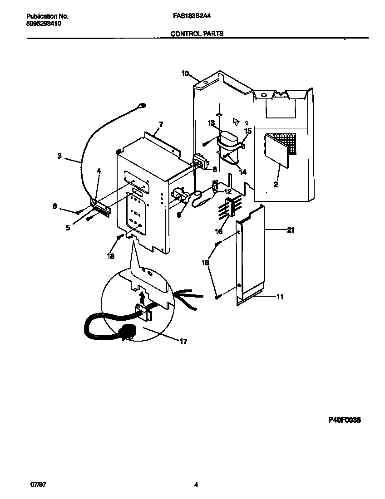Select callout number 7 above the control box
point(161,124)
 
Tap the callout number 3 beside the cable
point(59,157)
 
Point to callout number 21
point(291,230)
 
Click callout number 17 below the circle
point(183,342)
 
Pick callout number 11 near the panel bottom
point(280,297)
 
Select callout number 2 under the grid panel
point(276,185)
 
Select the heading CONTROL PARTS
point(197,34)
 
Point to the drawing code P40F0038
point(344,420)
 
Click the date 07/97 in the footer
point(39,484)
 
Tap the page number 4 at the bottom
point(196,484)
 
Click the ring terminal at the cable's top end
point(142,107)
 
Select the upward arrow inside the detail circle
point(142,297)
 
